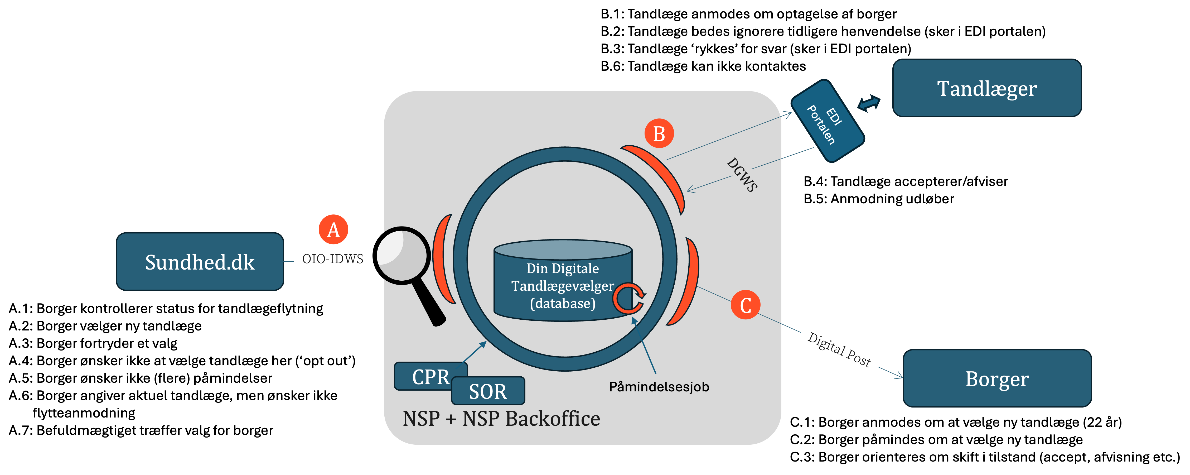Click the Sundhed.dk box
(x=200, y=262)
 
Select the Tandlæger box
(x=987, y=88)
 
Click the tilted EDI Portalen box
(x=827, y=121)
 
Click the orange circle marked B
(x=659, y=133)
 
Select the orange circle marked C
(x=745, y=305)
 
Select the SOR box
(x=488, y=391)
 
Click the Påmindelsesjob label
(x=659, y=387)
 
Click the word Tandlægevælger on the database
(x=563, y=286)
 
